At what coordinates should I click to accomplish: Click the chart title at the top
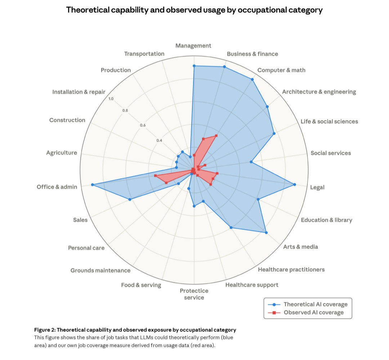click(x=194, y=10)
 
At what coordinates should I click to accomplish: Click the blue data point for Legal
click(x=295, y=185)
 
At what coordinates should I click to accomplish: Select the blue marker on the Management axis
click(x=194, y=66)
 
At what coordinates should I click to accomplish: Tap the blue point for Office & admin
click(x=93, y=185)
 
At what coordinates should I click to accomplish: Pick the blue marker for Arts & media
click(x=266, y=233)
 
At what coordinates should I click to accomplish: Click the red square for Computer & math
click(x=216, y=135)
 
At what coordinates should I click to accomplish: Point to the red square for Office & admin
click(x=155, y=175)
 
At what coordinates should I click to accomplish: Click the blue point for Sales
click(x=130, y=199)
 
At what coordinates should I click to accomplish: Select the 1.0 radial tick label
click(x=111, y=99)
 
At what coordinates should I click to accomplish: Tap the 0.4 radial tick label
click(x=159, y=141)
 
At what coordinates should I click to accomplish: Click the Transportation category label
click(x=144, y=54)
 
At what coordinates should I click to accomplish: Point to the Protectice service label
click(x=194, y=294)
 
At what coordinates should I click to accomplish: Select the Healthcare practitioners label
click(x=291, y=269)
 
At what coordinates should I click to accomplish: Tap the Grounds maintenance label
click(x=100, y=270)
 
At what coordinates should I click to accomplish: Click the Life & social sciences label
click(x=329, y=121)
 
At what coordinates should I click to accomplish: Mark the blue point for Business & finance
click(x=224, y=67)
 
